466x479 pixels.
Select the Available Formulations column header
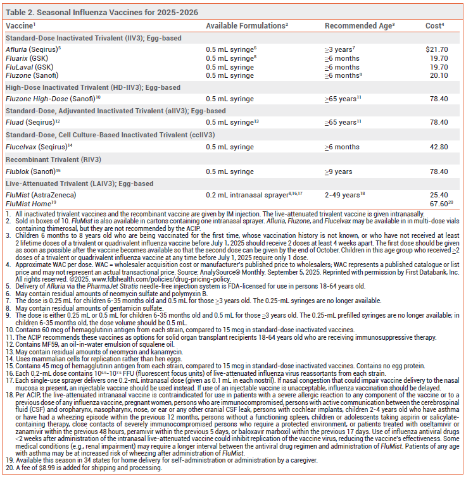coord(247,25)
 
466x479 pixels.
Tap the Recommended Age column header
coord(360,25)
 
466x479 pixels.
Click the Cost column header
coord(434,25)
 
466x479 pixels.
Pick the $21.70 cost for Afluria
coord(436,49)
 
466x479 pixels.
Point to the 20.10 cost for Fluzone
coord(439,75)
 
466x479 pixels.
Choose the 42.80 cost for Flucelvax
coord(439,146)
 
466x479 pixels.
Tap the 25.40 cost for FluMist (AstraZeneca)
coord(439,195)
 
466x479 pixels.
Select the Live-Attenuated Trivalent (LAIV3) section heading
coord(79,184)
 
